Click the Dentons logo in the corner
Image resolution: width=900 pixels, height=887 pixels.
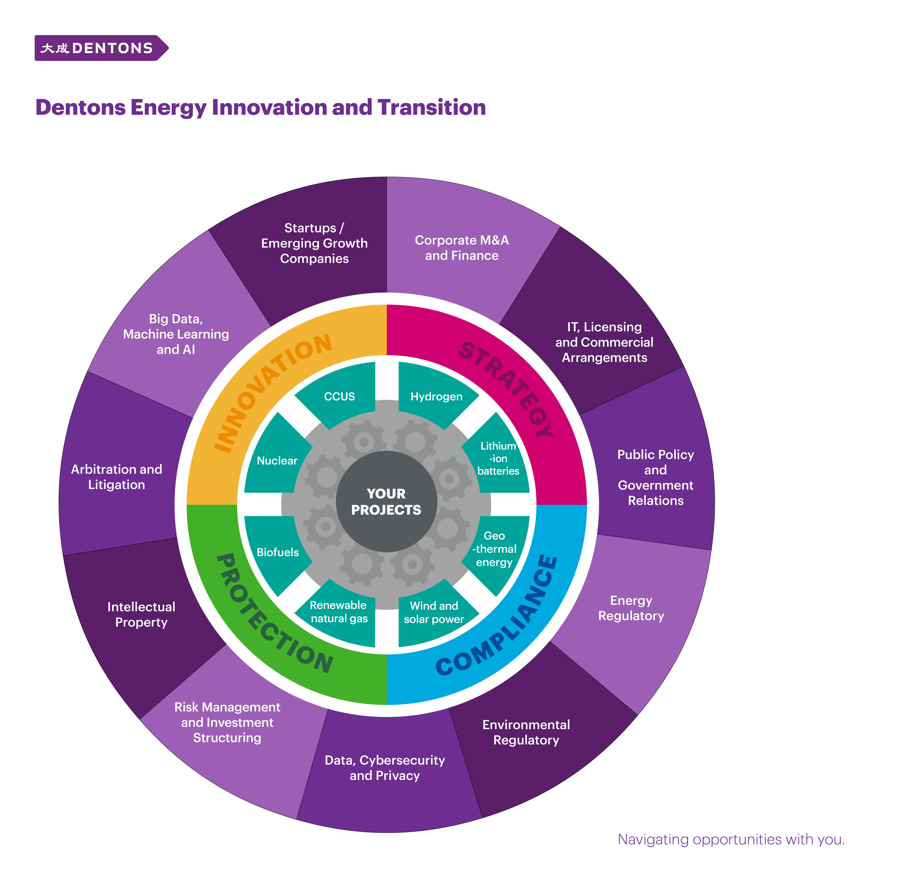[101, 48]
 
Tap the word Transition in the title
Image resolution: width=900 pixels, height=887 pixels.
[432, 108]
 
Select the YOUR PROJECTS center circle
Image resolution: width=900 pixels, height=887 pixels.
[386, 502]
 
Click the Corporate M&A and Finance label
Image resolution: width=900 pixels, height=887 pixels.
[462, 248]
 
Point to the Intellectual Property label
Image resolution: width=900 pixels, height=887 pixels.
[141, 615]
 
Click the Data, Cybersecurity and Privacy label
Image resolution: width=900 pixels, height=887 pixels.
[385, 768]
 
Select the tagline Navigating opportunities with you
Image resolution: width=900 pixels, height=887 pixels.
[731, 839]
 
